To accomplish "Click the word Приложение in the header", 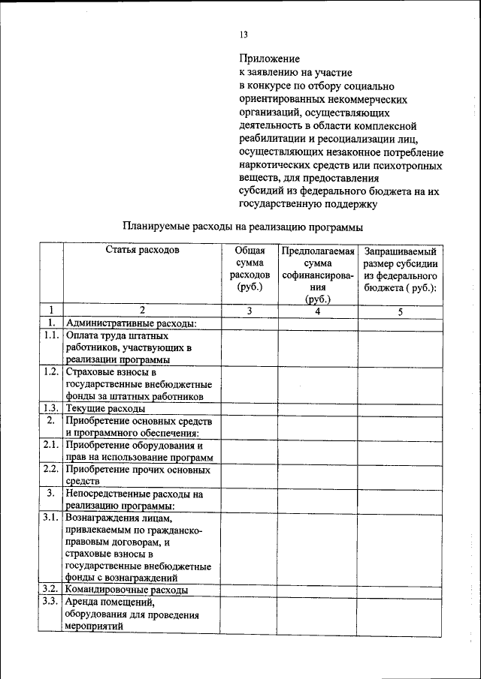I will pyautogui.click(x=269, y=59).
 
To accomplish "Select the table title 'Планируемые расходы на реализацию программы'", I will pyautogui.click(x=243, y=226).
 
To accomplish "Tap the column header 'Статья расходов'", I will pyautogui.click(x=142, y=251).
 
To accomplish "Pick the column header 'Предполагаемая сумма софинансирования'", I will pyautogui.click(x=318, y=275).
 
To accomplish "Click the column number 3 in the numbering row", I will pyautogui.click(x=249, y=310).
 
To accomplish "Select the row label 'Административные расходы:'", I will pyautogui.click(x=131, y=323).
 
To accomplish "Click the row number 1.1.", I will pyautogui.click(x=51, y=336).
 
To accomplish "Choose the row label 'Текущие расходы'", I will pyautogui.click(x=105, y=409).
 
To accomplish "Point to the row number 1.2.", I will pyautogui.click(x=51, y=372).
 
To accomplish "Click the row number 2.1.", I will pyautogui.click(x=51, y=445).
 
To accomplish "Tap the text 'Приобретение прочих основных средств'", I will pyautogui.click(x=137, y=475).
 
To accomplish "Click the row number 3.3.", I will pyautogui.click(x=51, y=602).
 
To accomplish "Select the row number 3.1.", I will pyautogui.click(x=51, y=518).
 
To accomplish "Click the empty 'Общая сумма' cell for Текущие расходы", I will pyautogui.click(x=249, y=409).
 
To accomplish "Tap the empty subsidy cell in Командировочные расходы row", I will pyautogui.click(x=400, y=590).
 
